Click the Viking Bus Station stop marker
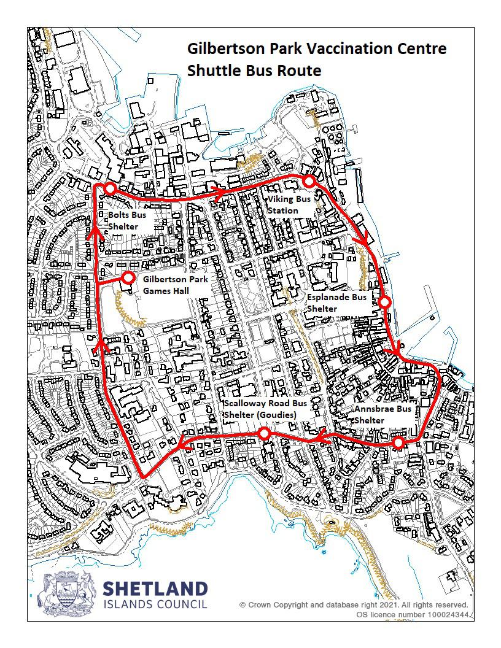pos(309,181)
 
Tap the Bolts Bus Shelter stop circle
pos(110,188)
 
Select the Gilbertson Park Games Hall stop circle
pos(128,278)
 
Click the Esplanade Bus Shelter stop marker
pos(384,302)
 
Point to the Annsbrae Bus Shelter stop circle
pos(398,442)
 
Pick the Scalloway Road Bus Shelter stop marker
pos(264,434)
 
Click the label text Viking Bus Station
pos(289,205)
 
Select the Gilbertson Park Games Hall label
pos(174,285)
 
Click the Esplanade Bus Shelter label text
pos(336,303)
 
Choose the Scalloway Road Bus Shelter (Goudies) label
pos(265,409)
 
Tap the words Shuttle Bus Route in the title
pos(254,71)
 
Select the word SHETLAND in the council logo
pos(155,589)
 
